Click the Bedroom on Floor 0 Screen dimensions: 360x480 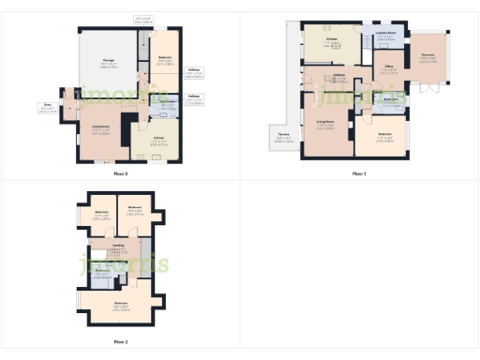[164, 58]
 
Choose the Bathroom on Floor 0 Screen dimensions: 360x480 [165, 104]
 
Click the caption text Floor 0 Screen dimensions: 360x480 [120, 174]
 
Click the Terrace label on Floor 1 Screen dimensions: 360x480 [282, 137]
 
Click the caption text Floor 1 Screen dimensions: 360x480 [359, 174]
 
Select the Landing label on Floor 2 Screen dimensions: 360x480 [118, 246]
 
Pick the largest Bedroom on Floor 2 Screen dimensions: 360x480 [121, 304]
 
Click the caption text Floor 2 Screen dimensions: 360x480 [120, 342]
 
